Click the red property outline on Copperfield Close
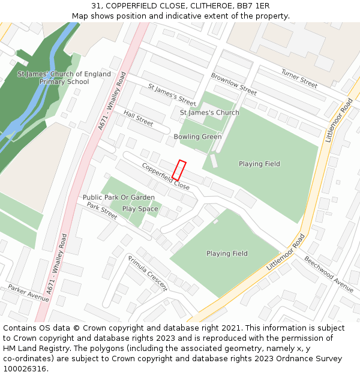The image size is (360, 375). [179, 170]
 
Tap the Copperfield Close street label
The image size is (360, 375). [166, 176]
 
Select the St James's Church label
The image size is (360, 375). [209, 113]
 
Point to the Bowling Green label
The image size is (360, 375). [197, 137]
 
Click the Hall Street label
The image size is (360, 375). [138, 118]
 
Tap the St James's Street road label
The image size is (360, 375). [172, 95]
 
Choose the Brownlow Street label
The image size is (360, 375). [233, 85]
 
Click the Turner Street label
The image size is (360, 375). [299, 78]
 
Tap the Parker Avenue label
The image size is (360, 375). [29, 294]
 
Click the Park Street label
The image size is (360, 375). [102, 211]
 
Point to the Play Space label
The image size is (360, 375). [140, 209]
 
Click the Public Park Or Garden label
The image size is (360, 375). [119, 197]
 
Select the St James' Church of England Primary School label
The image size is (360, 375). [64, 78]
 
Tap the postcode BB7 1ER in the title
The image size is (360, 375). [253, 6]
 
